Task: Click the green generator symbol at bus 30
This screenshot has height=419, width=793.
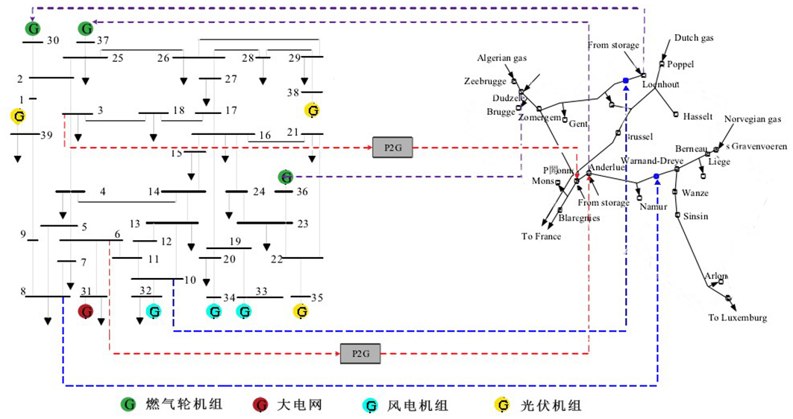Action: tap(33, 29)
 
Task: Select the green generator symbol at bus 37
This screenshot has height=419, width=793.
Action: tap(87, 29)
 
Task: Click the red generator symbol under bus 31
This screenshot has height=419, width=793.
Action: tap(86, 311)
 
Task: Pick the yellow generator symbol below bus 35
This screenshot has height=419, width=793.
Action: tap(301, 311)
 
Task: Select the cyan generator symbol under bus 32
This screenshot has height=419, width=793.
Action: tap(154, 311)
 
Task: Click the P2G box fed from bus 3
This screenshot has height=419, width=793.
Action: tap(392, 148)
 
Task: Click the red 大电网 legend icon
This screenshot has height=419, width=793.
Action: tap(260, 406)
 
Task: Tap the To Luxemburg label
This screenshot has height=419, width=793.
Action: tap(737, 318)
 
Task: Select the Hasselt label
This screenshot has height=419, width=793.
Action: tap(698, 117)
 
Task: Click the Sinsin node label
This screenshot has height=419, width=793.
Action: tap(695, 216)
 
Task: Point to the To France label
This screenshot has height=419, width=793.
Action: tap(541, 236)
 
